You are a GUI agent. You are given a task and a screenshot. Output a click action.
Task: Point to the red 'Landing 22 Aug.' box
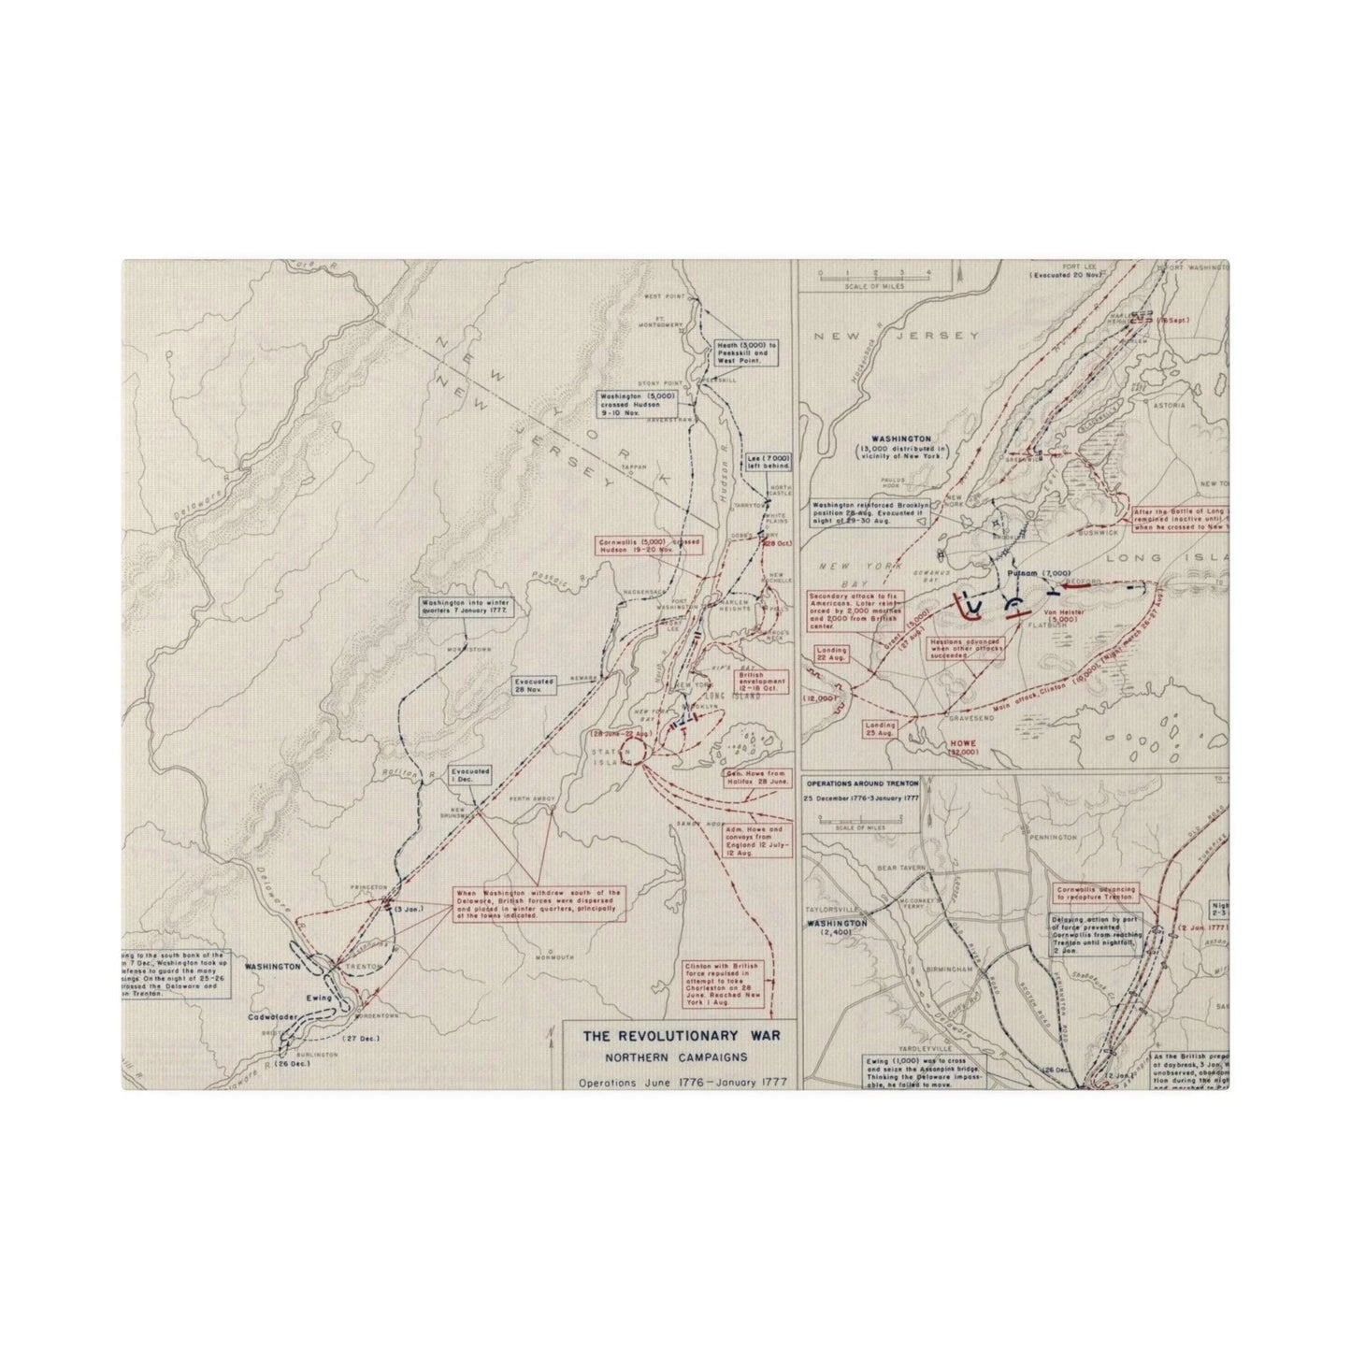831,655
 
